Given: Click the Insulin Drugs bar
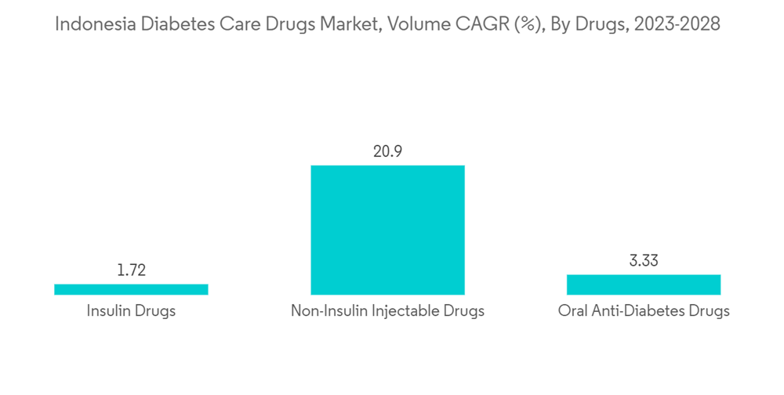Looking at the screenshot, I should point(131,289).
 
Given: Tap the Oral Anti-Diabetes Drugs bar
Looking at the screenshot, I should point(643,284).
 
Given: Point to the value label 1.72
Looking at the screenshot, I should point(131,271).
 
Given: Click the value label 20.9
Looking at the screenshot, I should point(387,151).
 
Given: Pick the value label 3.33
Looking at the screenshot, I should point(643,261).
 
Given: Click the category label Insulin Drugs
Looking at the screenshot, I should point(131,311).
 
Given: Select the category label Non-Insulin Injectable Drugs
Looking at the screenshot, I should point(387,311).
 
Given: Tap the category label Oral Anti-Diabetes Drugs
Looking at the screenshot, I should point(643,311).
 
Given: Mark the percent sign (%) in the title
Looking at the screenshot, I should point(521,25).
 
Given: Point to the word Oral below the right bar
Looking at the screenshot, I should point(572,311).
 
